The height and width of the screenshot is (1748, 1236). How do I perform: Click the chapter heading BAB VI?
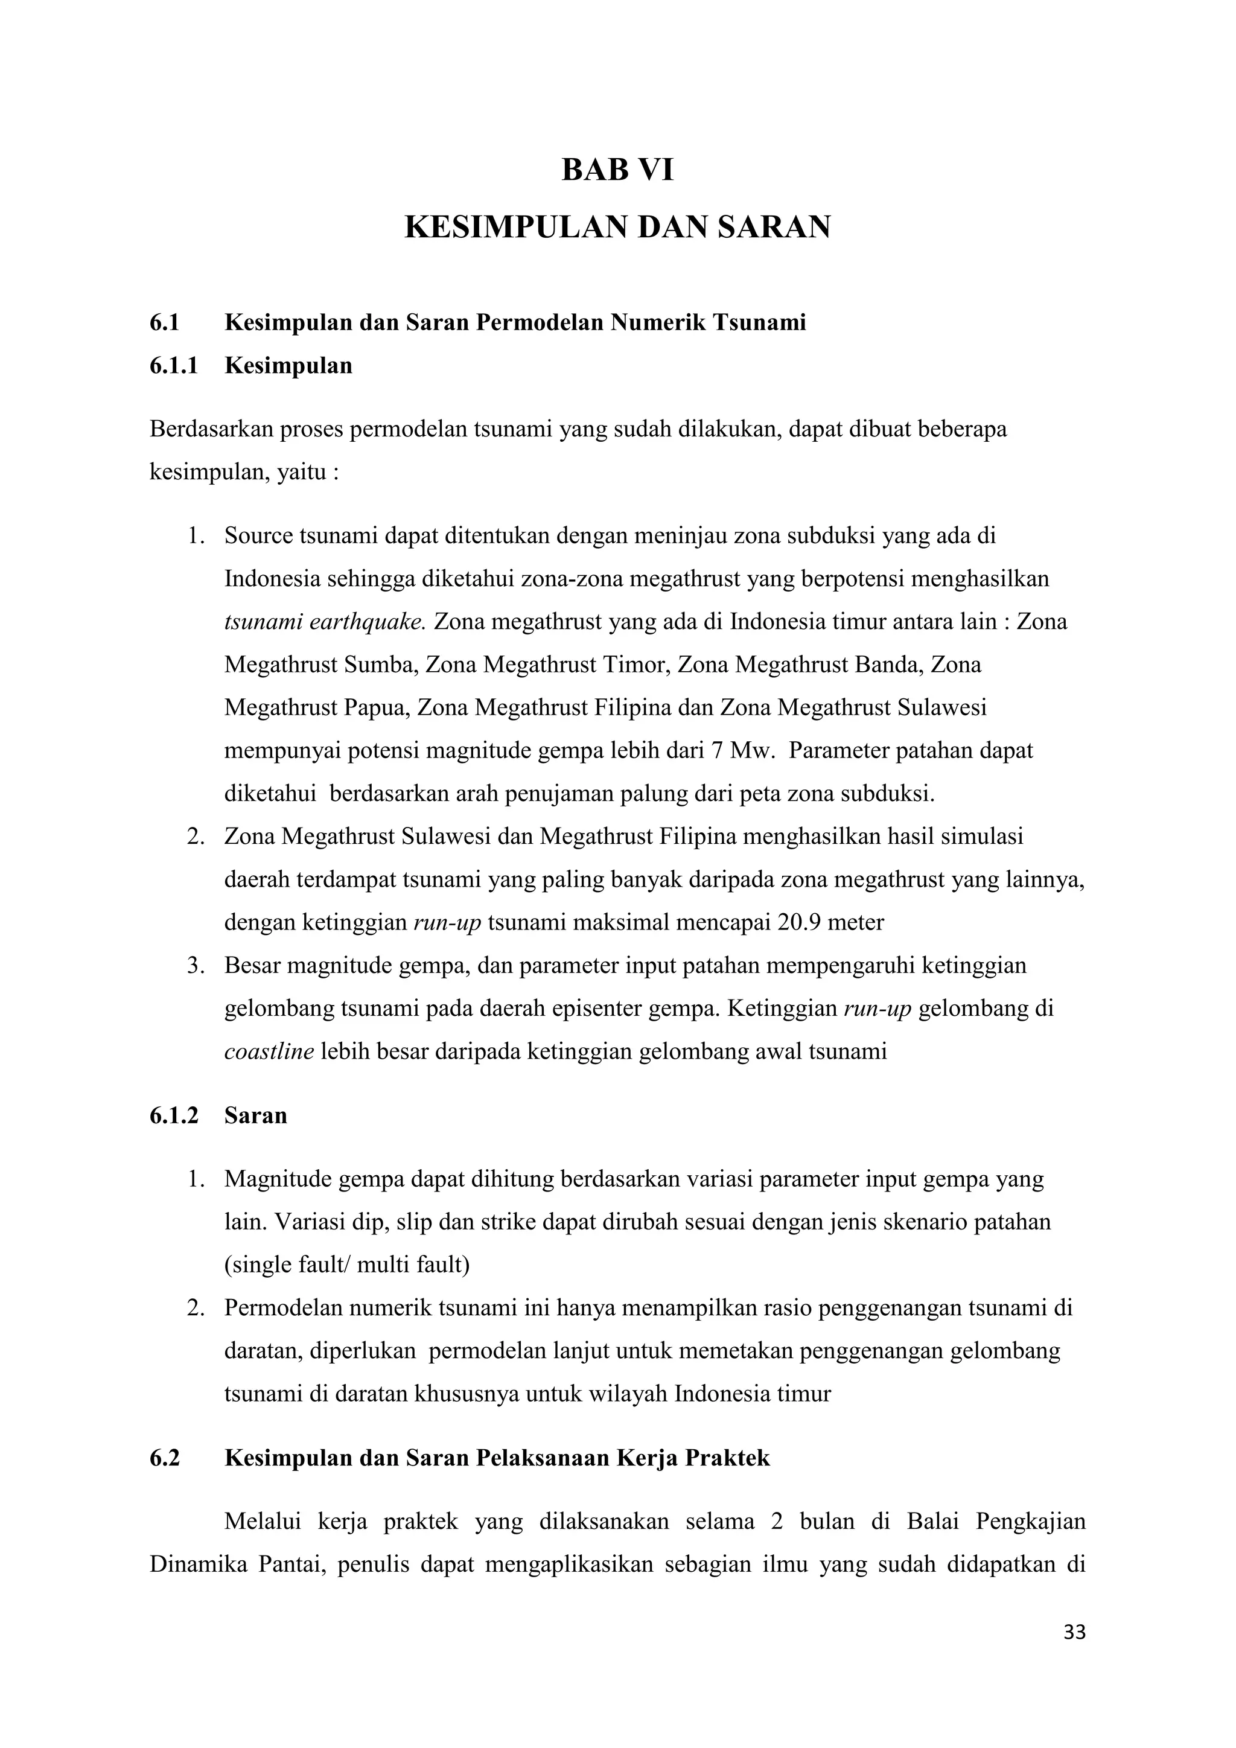tap(617, 170)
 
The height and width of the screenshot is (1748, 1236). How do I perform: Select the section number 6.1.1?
tap(174, 366)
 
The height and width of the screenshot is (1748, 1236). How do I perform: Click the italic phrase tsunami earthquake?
tap(326, 622)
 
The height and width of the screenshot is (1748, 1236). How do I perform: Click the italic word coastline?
tap(269, 1051)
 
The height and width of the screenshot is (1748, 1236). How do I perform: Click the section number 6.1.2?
tap(174, 1116)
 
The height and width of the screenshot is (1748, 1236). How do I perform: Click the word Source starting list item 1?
tap(258, 536)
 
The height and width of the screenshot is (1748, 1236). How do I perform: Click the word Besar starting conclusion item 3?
tap(252, 965)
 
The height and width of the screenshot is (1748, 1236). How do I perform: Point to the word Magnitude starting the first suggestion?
tap(277, 1179)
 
